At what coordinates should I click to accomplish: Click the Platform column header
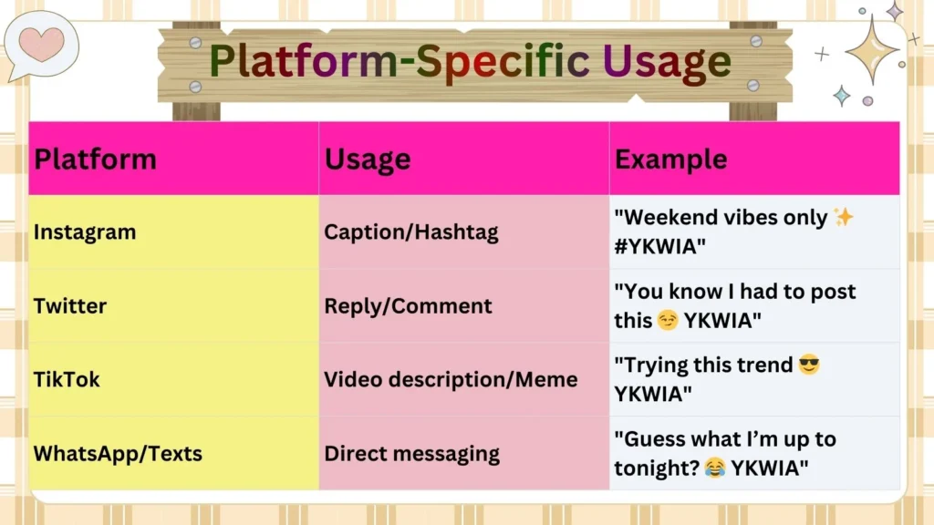click(x=95, y=160)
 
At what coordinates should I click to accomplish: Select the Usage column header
click(x=368, y=160)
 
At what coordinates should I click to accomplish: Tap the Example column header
click(x=670, y=160)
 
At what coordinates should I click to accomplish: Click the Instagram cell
click(x=85, y=232)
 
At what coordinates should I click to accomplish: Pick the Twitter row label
click(x=70, y=306)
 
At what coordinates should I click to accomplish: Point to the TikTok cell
click(x=67, y=379)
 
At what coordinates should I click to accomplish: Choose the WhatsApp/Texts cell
click(x=118, y=453)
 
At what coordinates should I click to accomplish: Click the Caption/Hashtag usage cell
click(x=411, y=232)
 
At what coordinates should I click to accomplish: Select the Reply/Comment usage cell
click(x=408, y=306)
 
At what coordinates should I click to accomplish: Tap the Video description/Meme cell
click(x=451, y=379)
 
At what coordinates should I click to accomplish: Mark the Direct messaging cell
click(x=411, y=453)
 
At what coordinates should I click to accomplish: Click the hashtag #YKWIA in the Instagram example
click(x=664, y=247)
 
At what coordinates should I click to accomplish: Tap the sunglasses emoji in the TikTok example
click(x=808, y=365)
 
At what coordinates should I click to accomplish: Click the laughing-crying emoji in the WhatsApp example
click(x=715, y=468)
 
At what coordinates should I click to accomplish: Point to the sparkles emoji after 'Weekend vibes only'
click(x=844, y=218)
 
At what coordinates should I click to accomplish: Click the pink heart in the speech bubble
click(x=42, y=43)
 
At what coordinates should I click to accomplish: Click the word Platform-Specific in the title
click(x=400, y=61)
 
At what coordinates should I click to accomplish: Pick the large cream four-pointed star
click(x=871, y=49)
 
